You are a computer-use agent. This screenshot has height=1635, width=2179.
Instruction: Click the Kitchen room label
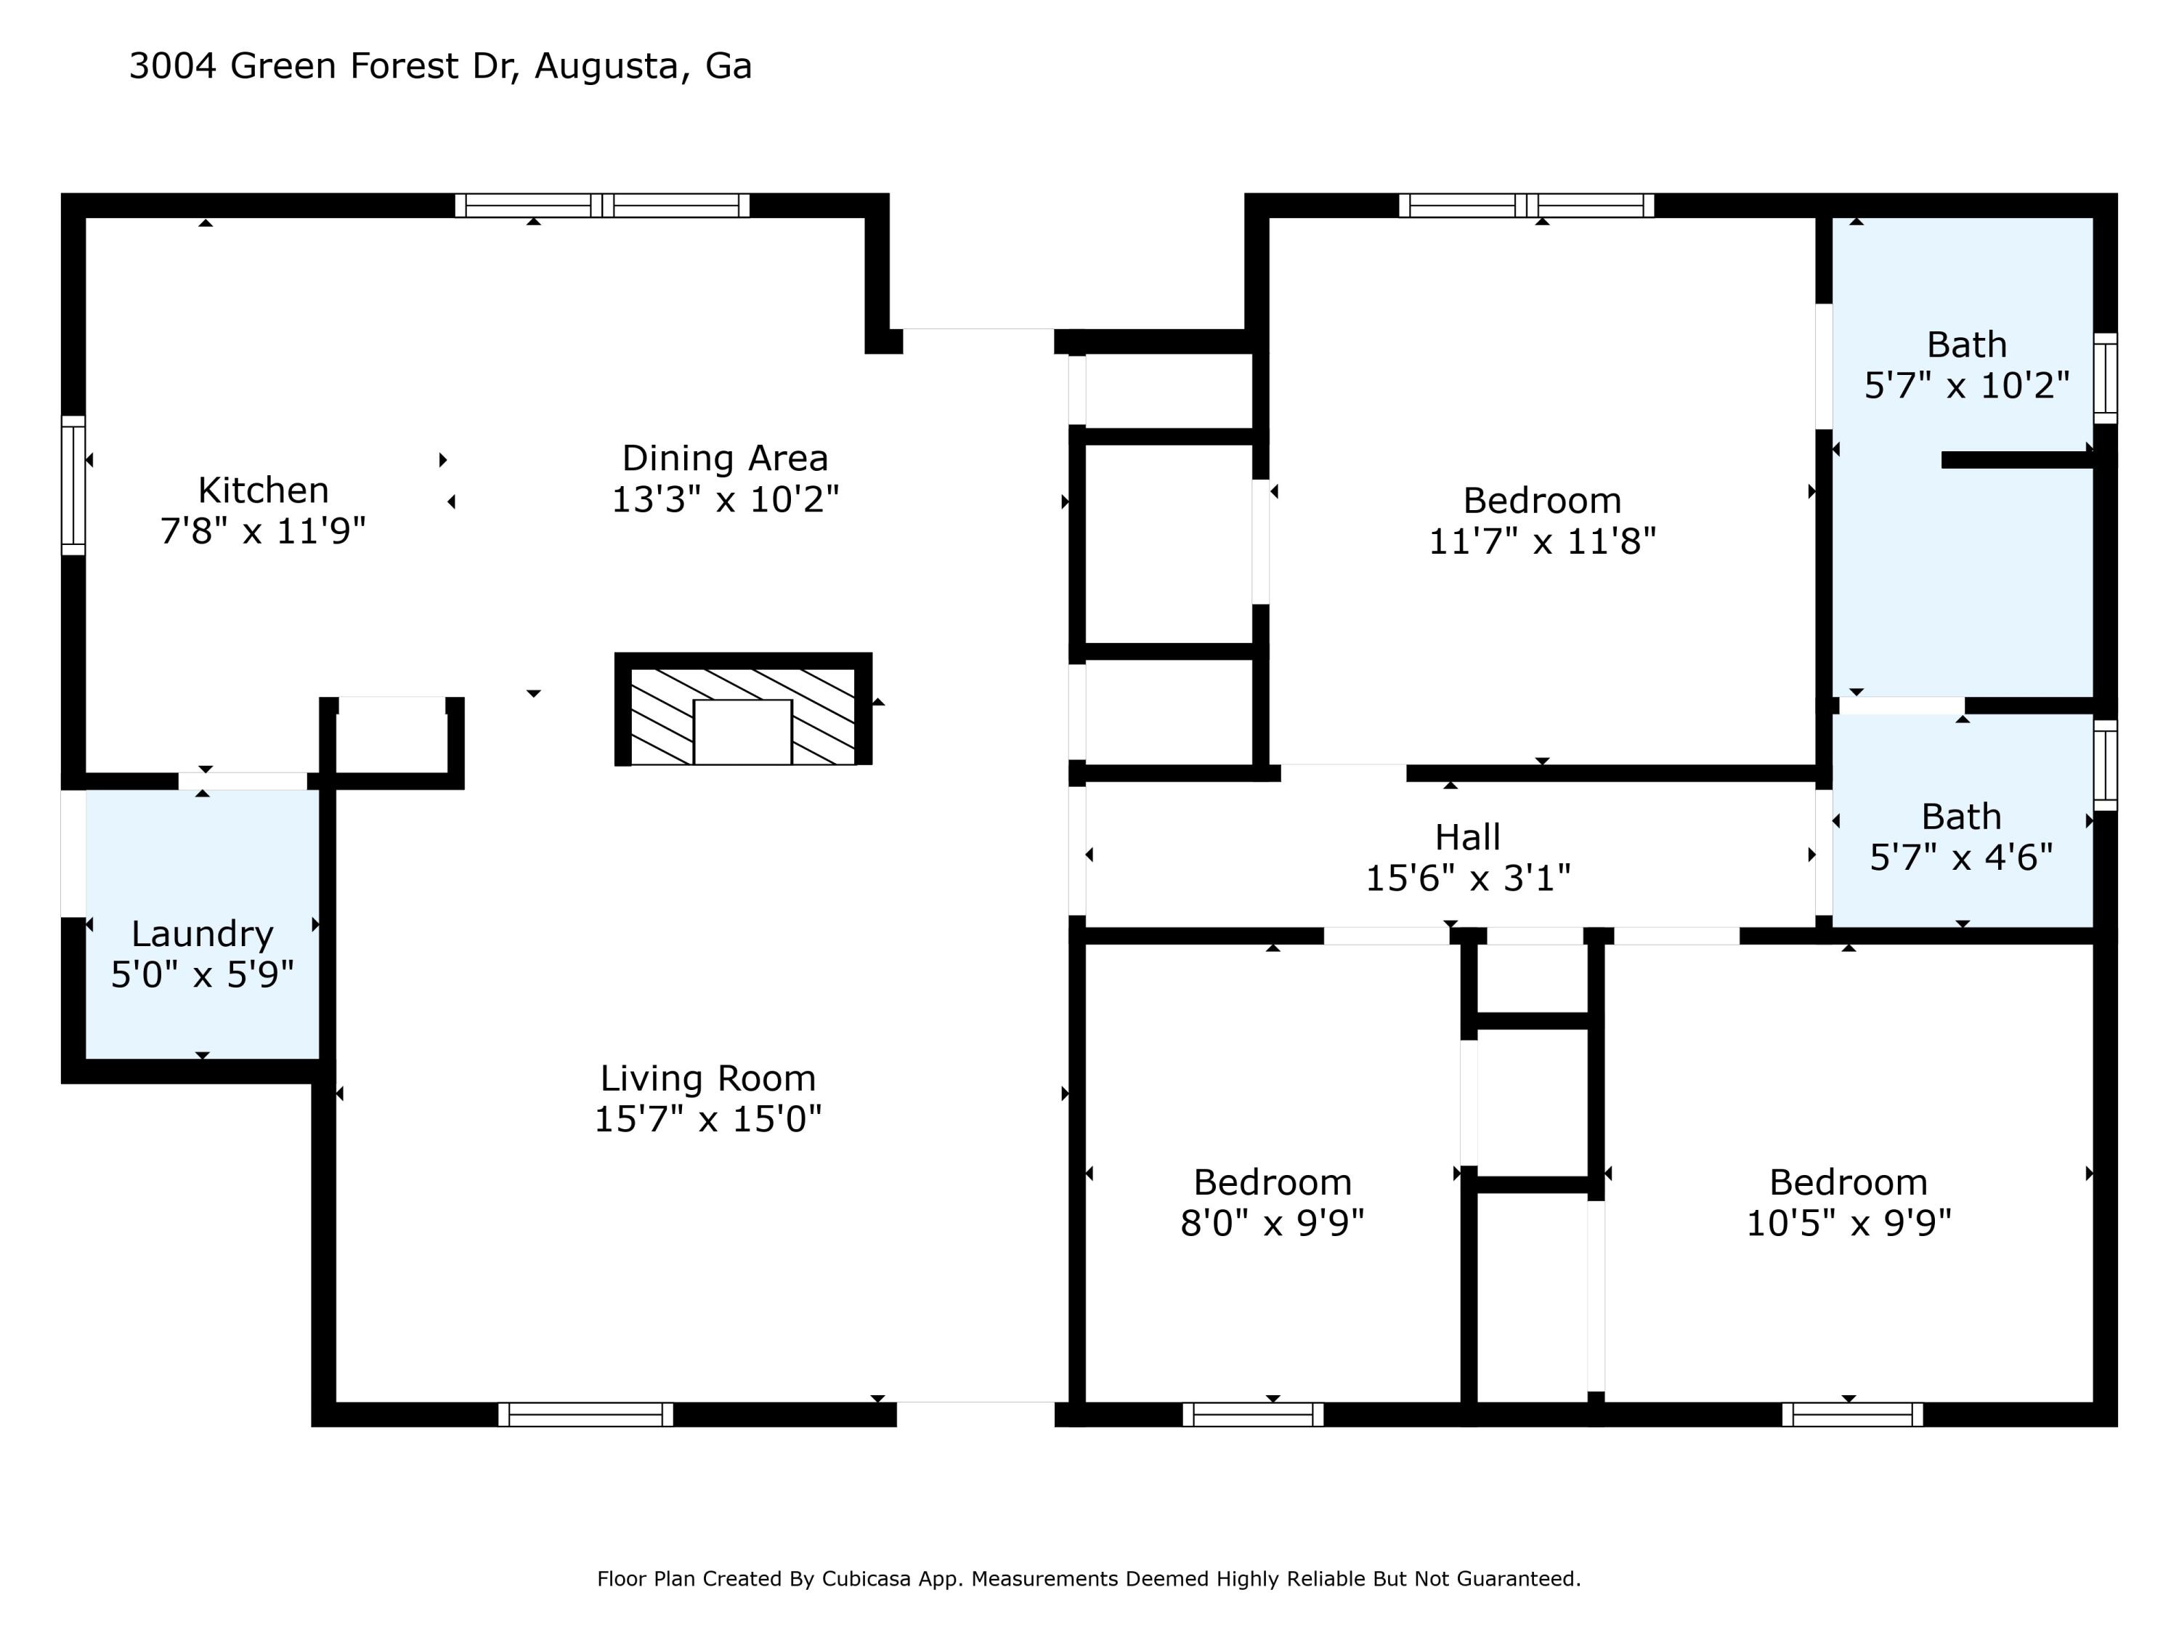[263, 490]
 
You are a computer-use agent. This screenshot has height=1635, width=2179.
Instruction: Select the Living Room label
[708, 1079]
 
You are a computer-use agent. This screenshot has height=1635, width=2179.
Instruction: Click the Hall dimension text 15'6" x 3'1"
[1468, 878]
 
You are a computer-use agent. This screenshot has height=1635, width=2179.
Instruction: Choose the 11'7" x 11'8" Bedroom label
[1543, 501]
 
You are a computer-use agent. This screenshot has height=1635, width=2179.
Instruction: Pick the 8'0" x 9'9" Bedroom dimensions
[1273, 1223]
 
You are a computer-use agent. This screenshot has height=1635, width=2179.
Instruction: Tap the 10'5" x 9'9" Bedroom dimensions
[1849, 1223]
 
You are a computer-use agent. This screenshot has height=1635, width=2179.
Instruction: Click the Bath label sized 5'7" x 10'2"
[1967, 345]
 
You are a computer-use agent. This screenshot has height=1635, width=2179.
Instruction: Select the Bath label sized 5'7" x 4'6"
[1961, 817]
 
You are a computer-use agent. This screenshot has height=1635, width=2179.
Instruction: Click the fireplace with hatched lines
[743, 708]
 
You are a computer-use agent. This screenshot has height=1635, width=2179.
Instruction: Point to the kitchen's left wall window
[73, 485]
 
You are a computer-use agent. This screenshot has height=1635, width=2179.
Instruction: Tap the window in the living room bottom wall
[586, 1414]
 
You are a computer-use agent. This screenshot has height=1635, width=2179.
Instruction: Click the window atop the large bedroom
[1526, 205]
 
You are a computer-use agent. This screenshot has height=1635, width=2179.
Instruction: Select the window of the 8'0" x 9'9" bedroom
[1253, 1414]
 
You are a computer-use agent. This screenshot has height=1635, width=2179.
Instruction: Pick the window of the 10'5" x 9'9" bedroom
[1852, 1414]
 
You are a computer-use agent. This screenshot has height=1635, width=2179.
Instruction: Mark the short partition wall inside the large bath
[2018, 460]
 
